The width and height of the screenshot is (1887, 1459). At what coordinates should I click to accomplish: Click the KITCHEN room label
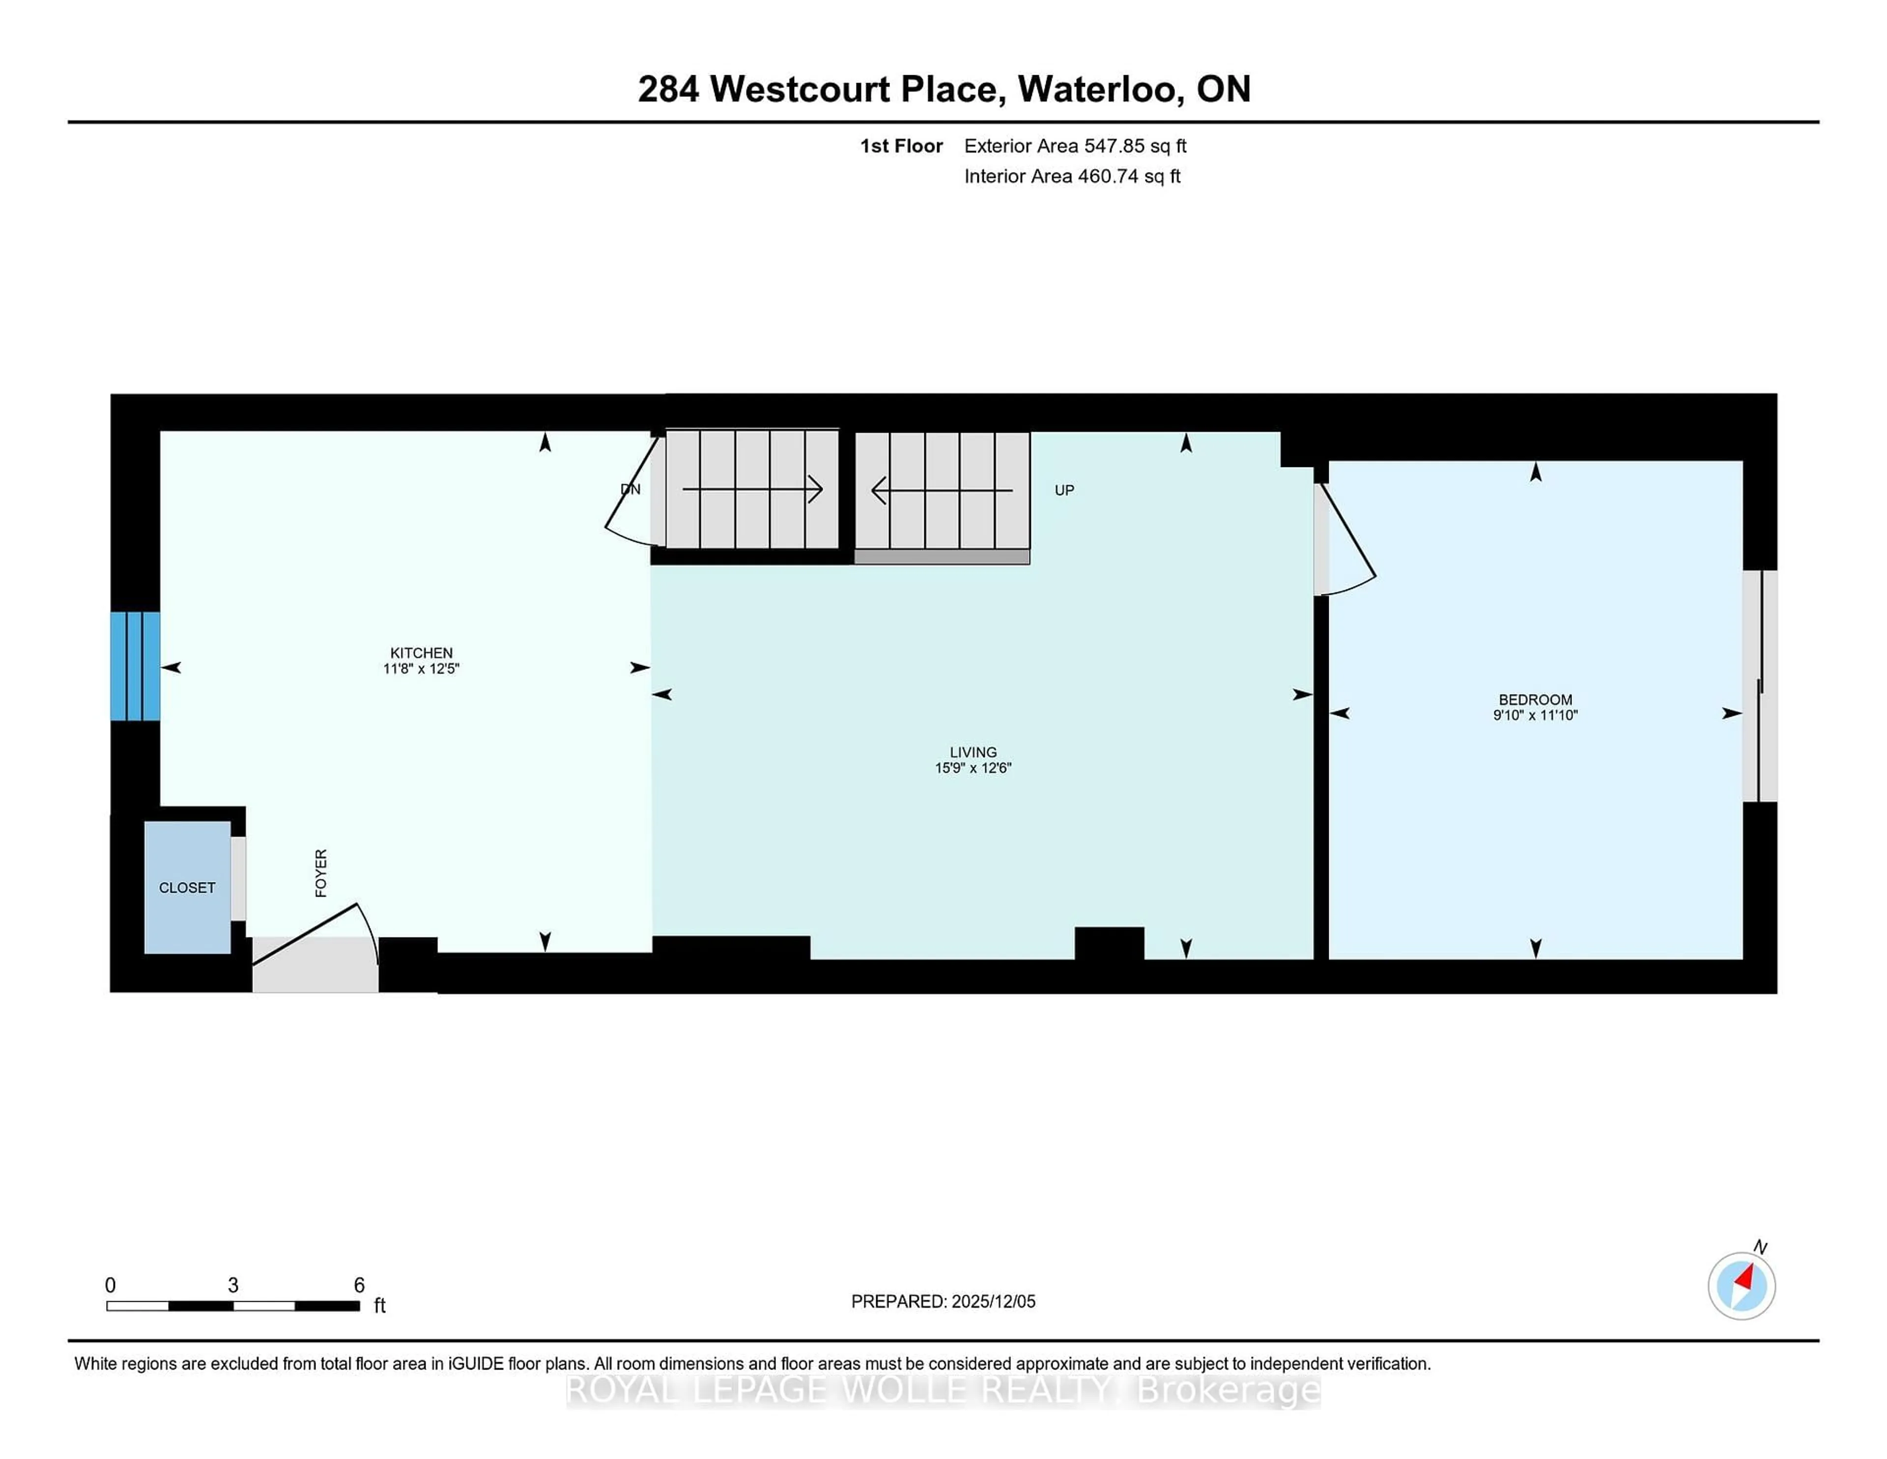(x=421, y=653)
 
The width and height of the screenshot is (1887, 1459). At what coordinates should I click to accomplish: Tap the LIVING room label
(x=973, y=752)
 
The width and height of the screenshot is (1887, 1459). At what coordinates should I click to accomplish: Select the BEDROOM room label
(x=1535, y=699)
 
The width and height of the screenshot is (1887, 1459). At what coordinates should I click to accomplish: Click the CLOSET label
(x=187, y=888)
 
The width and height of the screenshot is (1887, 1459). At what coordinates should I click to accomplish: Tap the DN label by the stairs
(x=631, y=489)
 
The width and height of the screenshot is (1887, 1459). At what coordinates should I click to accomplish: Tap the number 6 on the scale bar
(x=359, y=1285)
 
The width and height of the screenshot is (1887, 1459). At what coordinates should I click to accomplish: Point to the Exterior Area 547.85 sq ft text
(x=1075, y=146)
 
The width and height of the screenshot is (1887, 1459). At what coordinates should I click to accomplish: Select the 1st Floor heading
(x=901, y=146)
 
